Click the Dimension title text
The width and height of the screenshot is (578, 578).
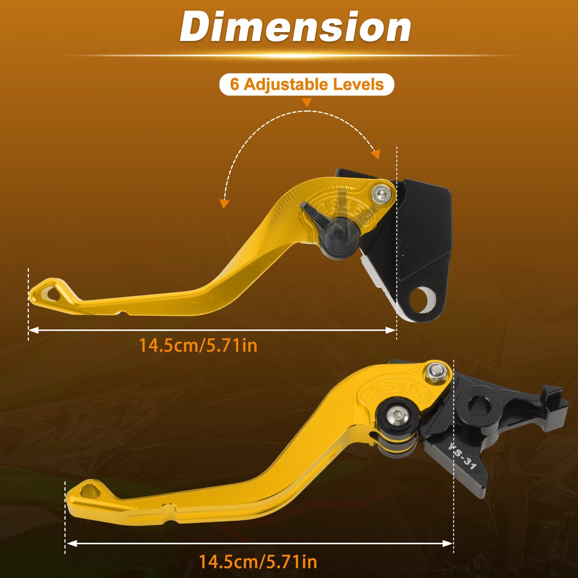coord(295,27)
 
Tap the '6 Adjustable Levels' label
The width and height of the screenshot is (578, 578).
coord(307,84)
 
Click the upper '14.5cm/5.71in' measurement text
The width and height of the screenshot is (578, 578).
coord(198,345)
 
